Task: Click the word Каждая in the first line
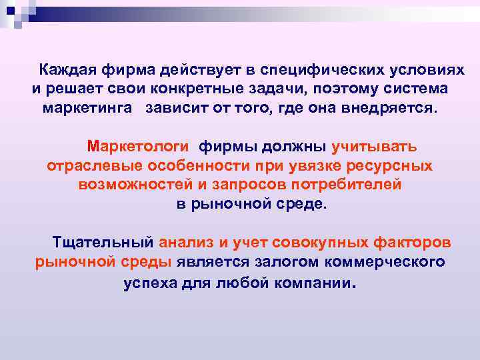click(67, 70)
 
